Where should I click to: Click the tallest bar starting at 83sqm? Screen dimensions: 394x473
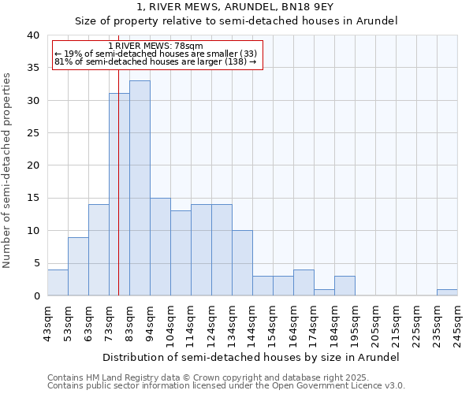[140, 188]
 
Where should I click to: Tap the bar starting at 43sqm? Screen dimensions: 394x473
[58, 283]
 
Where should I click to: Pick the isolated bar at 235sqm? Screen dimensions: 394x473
[447, 292]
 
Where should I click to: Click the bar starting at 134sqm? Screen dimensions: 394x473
[242, 263]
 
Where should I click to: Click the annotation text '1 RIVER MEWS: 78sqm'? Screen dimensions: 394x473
[155, 46]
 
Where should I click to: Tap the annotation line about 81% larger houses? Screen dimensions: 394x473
[155, 61]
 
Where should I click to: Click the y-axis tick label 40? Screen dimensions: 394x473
[32, 35]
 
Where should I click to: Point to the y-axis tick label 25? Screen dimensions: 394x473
[32, 133]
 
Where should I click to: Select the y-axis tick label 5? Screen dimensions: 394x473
[35, 263]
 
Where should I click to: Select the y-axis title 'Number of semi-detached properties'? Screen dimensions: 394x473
[8, 170]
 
